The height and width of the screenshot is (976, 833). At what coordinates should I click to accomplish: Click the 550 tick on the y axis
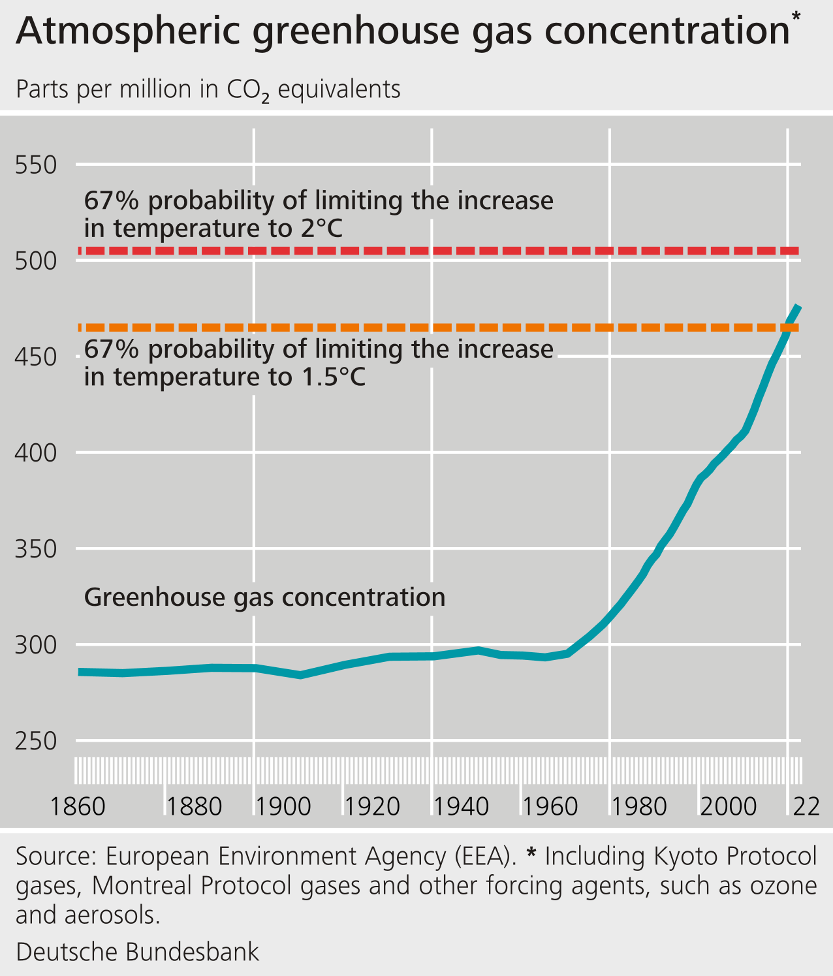[x=36, y=165]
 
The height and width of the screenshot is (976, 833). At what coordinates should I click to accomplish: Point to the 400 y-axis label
[x=36, y=452]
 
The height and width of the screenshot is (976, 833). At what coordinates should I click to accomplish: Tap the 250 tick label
[x=36, y=742]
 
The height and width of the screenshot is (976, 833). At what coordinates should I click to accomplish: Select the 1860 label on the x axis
[x=78, y=807]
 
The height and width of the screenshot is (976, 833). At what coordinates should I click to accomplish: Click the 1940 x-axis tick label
[x=462, y=807]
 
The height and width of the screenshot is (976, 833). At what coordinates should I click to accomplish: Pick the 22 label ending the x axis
[x=806, y=807]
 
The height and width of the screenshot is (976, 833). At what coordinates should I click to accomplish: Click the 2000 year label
[x=729, y=807]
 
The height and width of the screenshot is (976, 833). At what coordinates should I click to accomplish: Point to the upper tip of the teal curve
[x=798, y=307]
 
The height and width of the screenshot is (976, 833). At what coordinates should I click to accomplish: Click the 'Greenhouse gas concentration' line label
[x=264, y=597]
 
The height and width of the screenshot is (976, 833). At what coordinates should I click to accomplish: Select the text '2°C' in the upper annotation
[x=322, y=228]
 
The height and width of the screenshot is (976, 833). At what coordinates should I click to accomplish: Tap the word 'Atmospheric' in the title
[x=128, y=31]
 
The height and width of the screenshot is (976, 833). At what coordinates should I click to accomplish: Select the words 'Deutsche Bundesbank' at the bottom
[x=137, y=952]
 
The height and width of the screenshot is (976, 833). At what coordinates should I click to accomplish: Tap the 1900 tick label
[x=283, y=807]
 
